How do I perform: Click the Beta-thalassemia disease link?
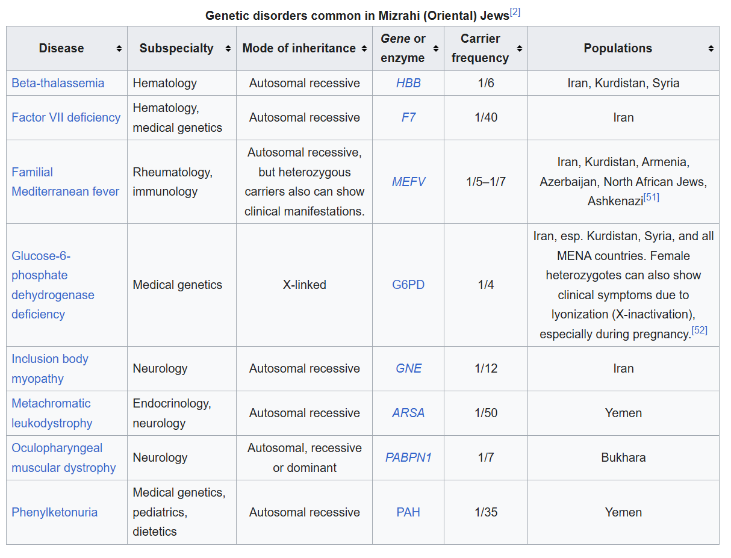tap(58, 83)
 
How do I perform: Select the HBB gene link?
tap(408, 83)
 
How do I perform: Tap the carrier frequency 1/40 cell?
tap(485, 117)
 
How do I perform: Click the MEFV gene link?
tap(408, 181)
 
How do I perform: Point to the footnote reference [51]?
tap(651, 197)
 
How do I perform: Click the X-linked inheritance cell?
tap(304, 285)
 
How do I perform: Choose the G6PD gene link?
tap(408, 285)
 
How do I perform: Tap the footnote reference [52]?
tap(699, 330)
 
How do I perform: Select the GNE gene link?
tap(408, 368)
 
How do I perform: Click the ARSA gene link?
tap(408, 413)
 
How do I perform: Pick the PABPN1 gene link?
tap(408, 457)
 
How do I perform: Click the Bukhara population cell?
tap(623, 457)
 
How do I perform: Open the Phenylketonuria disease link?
tap(55, 512)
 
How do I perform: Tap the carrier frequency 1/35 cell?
tap(485, 512)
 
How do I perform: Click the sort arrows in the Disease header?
tap(119, 49)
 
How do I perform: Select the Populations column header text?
tap(618, 48)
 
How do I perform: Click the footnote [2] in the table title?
tap(515, 12)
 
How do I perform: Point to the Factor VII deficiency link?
tap(66, 117)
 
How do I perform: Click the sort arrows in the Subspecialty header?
tap(228, 49)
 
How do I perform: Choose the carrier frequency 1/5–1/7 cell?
tap(485, 181)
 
